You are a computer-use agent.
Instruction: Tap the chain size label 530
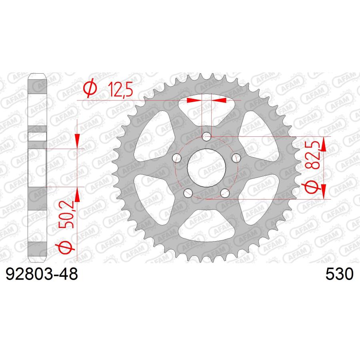[x=340, y=275]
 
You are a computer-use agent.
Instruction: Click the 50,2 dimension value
[x=68, y=216]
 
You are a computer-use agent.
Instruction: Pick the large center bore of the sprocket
[x=206, y=168]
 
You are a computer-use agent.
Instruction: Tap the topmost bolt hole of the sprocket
[x=206, y=137]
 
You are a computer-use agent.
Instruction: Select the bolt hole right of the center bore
[x=236, y=157]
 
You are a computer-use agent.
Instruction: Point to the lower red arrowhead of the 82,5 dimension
[x=323, y=192]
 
